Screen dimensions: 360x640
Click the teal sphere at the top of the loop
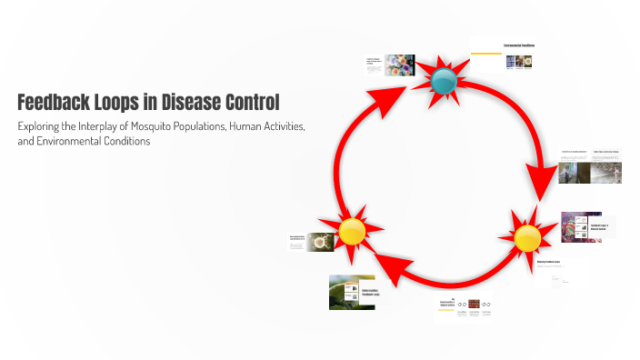443,81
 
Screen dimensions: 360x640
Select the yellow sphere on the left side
351,232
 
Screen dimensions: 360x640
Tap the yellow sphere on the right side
527,238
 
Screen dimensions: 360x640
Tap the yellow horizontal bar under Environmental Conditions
486,54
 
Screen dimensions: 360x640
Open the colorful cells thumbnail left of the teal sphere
400,65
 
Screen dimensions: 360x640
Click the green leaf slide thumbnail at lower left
352,292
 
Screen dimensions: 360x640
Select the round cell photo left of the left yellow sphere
320,242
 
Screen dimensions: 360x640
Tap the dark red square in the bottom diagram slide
474,304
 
